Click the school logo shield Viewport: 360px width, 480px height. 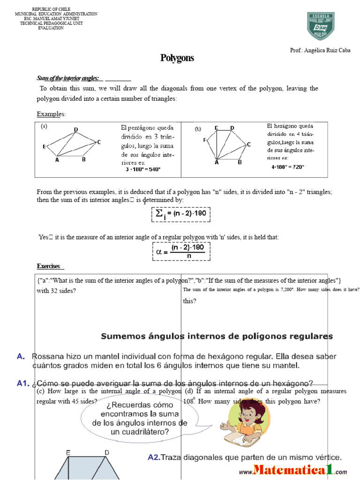(x=321, y=25)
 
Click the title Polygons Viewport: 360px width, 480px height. (x=177, y=58)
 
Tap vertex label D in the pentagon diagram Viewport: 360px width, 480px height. (x=76, y=129)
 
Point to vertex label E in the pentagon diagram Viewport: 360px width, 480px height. (x=44, y=146)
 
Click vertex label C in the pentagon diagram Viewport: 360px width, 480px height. (x=99, y=142)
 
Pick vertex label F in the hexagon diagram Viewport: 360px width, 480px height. (x=204, y=140)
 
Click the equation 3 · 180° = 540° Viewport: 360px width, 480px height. (x=142, y=169)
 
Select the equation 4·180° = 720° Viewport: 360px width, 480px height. (x=287, y=166)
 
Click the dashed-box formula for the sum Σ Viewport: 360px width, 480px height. (x=180, y=214)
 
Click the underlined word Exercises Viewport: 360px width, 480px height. (x=49, y=266)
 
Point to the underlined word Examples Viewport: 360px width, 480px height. (x=51, y=114)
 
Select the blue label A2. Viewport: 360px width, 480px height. (x=154, y=457)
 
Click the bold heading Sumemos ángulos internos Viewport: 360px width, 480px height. (x=217, y=336)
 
